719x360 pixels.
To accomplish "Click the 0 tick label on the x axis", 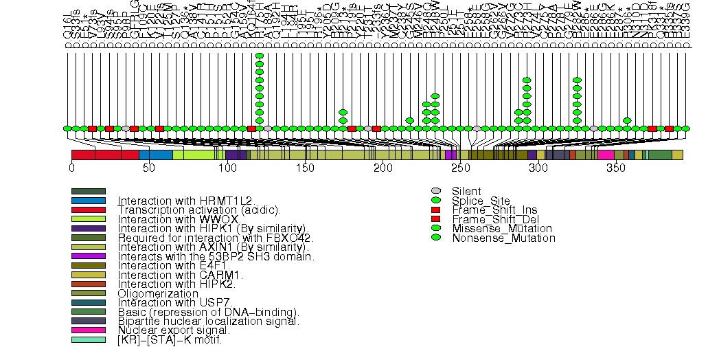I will [71, 168].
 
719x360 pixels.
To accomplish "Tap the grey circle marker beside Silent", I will [435, 191].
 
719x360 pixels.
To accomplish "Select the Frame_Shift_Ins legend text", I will [490, 210].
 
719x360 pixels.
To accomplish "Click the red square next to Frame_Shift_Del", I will [435, 218].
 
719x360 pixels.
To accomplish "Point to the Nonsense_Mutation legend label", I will [503, 238].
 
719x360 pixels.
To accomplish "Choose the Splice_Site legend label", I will [479, 200].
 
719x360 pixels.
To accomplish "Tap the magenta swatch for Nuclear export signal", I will [89, 330].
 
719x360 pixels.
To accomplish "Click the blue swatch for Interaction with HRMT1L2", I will [89, 201].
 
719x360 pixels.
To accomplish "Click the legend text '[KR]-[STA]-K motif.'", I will [170, 340].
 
